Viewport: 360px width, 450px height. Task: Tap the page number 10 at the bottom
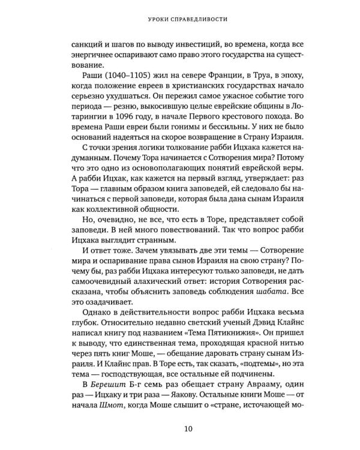point(179,428)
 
